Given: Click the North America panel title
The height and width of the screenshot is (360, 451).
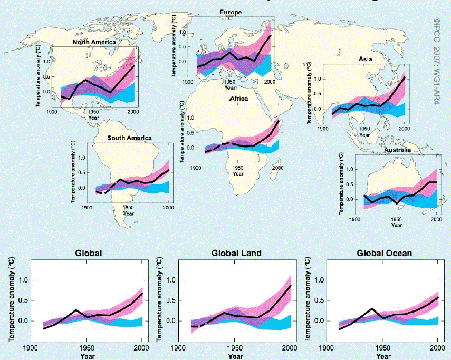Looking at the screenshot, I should point(94,42).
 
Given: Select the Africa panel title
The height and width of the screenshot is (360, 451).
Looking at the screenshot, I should point(238,98).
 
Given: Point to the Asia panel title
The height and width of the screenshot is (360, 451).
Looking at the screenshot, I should point(365,59).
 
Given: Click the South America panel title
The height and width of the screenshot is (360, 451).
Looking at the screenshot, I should point(129,138).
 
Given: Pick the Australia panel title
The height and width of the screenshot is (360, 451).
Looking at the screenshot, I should point(398,150).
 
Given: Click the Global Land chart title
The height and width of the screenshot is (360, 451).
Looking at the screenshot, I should point(236,254).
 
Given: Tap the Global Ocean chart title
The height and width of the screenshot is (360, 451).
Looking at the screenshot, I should point(384,254).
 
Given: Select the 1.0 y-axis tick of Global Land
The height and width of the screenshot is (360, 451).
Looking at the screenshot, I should point(171,280).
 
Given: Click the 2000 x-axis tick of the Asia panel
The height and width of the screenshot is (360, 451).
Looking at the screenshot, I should point(405,129).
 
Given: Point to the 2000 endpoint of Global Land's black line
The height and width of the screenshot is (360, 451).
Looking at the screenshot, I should point(291,286).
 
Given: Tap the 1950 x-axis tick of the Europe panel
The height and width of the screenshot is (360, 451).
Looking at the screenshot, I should point(228,82).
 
